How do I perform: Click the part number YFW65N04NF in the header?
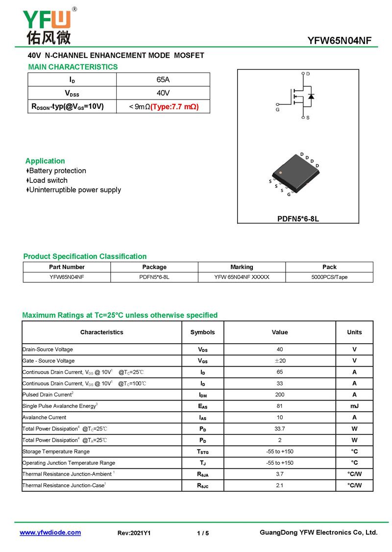[x=339, y=41]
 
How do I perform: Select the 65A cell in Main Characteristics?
[x=163, y=79]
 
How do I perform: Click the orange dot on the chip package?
[x=280, y=173]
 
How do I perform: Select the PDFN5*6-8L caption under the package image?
[x=298, y=219]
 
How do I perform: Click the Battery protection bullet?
[x=57, y=171]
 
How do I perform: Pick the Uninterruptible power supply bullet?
[x=74, y=190]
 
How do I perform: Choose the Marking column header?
[x=242, y=267]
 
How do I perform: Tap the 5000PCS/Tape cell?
[x=329, y=277]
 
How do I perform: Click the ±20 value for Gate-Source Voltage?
[x=280, y=361]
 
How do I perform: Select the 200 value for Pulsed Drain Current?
[x=280, y=395]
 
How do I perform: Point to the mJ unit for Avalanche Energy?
[x=354, y=406]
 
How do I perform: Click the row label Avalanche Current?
[x=44, y=417]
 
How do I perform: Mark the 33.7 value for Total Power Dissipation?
[x=280, y=428]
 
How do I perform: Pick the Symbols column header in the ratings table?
[x=202, y=332]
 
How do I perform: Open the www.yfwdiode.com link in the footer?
[x=50, y=532]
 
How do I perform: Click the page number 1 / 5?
[x=203, y=533]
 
